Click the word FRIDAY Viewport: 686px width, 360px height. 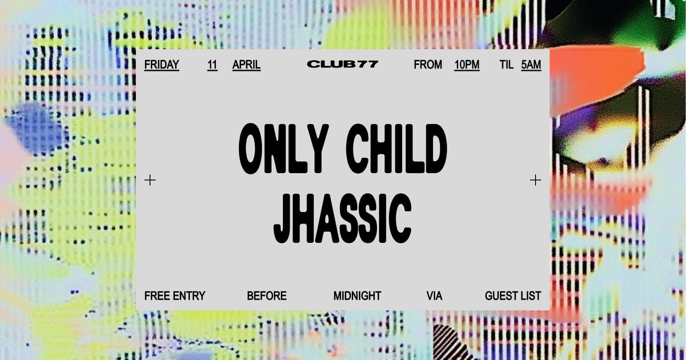[162, 65]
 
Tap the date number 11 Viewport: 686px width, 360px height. [212, 65]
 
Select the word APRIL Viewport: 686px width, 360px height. [247, 65]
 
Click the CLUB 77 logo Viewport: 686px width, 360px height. [343, 64]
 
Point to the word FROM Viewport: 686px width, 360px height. [428, 65]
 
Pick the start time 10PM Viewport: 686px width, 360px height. [467, 65]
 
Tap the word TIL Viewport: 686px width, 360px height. [506, 65]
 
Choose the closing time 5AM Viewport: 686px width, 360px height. [531, 65]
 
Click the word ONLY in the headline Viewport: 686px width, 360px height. [283, 149]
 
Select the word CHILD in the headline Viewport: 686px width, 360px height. [397, 149]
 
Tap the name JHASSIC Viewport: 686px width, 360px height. [342, 218]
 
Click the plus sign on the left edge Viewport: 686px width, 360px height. [150, 180]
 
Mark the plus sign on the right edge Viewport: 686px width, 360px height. [535, 180]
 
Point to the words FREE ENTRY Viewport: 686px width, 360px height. [175, 296]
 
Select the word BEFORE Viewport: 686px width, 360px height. [267, 296]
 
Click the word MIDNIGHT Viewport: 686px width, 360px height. [357, 296]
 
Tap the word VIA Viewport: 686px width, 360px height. [434, 296]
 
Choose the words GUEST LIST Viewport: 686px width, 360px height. [513, 296]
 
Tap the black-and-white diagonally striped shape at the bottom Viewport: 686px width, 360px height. [450, 343]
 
